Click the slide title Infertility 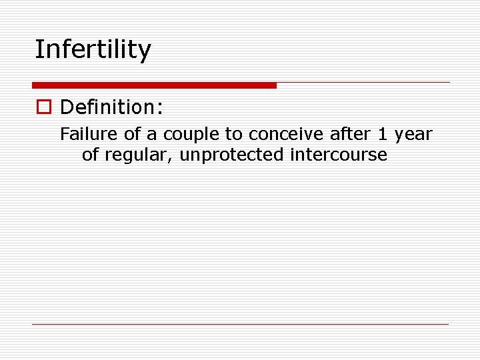93,49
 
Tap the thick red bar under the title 154,85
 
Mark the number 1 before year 382,135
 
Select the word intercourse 339,155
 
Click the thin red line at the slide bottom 240,324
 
